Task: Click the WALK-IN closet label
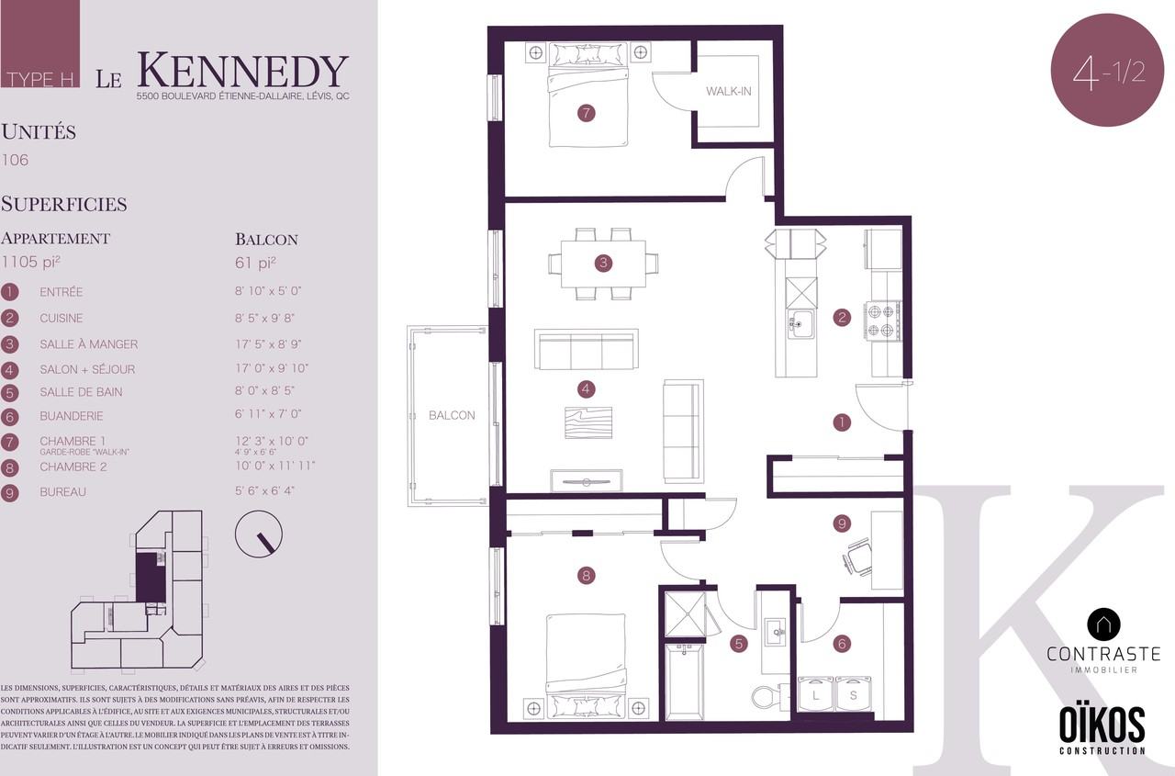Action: [x=728, y=91]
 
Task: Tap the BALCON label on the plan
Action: [x=452, y=415]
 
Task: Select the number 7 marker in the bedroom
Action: [x=586, y=113]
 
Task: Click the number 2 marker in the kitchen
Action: [x=842, y=317]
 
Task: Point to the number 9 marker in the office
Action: [x=842, y=523]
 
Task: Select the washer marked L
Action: [x=816, y=694]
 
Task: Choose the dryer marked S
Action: [x=854, y=694]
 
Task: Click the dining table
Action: [x=603, y=264]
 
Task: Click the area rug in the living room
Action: [x=588, y=422]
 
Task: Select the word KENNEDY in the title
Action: [x=243, y=71]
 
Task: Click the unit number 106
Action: [x=15, y=160]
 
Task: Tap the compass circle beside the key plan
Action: [x=259, y=534]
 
